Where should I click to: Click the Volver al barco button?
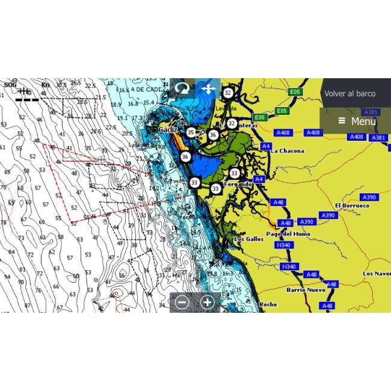click(x=349, y=94)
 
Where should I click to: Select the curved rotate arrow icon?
click(x=182, y=89)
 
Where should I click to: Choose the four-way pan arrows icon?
click(x=208, y=89)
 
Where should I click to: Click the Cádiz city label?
click(x=168, y=129)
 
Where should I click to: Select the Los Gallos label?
click(x=248, y=239)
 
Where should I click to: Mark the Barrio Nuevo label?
click(x=306, y=290)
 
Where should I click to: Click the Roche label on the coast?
click(x=268, y=305)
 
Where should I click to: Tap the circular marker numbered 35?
click(x=191, y=132)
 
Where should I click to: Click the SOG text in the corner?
click(x=10, y=85)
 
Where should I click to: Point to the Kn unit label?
click(x=45, y=85)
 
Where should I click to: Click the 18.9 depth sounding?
click(x=116, y=103)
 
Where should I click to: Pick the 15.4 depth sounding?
click(x=149, y=103)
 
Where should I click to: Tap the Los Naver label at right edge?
click(x=377, y=273)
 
